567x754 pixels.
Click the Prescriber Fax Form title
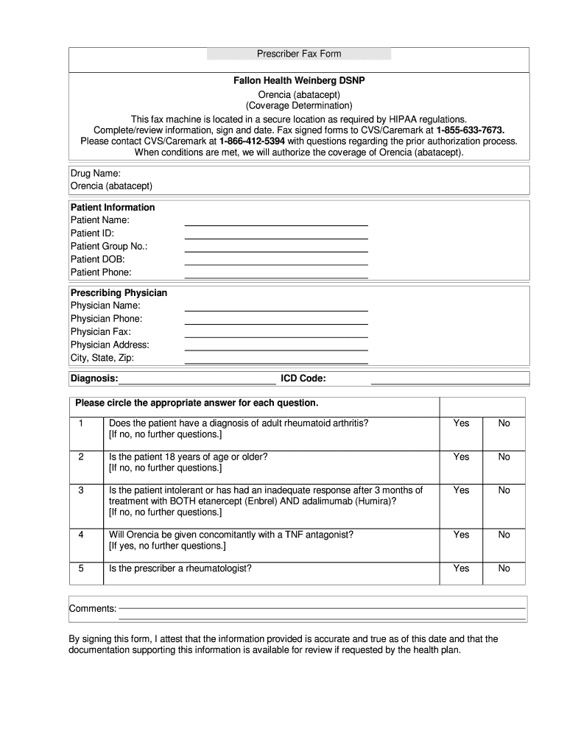pos(298,54)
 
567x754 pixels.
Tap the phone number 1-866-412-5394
pos(252,141)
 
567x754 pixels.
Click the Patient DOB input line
pos(275,262)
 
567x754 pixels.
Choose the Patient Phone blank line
pos(275,275)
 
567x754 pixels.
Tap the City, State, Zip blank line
pos(275,361)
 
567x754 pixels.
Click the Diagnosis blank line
pos(197,381)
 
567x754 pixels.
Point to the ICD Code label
pos(303,378)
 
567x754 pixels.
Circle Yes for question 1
pos(461,423)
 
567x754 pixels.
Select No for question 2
pos(504,457)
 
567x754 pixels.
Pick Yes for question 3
pos(461,490)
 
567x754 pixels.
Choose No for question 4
pos(504,535)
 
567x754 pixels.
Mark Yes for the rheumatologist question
pos(461,568)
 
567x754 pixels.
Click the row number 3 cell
pos(81,490)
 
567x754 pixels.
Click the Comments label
pos(93,609)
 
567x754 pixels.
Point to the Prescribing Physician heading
pos(119,293)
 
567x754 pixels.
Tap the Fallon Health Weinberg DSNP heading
pos(298,80)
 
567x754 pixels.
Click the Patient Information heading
pos(113,208)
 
